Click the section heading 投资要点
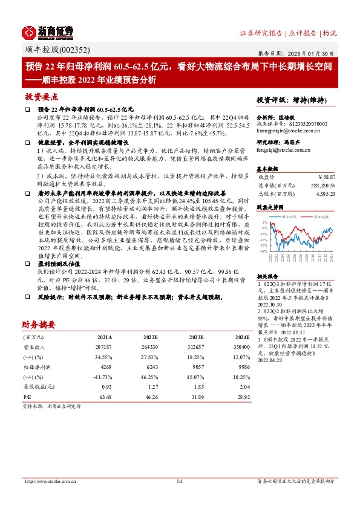click(x=42, y=96)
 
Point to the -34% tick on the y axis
click(x=264, y=251)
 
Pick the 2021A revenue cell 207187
click(x=104, y=347)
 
